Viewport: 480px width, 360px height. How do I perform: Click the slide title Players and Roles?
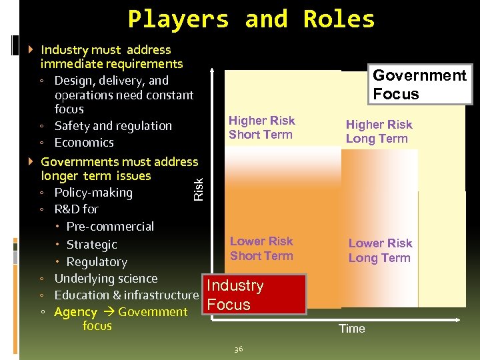click(x=251, y=19)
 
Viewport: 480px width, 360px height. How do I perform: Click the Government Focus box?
click(x=420, y=85)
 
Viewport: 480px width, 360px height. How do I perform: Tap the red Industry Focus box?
click(x=253, y=295)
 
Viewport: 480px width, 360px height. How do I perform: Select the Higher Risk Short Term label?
click(x=261, y=127)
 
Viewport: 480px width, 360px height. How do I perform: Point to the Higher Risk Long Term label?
click(x=379, y=131)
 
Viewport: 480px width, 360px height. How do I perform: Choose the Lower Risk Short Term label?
click(x=261, y=248)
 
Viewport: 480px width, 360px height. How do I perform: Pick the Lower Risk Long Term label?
click(x=380, y=251)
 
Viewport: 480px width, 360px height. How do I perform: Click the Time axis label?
click(x=352, y=328)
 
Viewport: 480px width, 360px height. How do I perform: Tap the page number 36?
click(x=239, y=349)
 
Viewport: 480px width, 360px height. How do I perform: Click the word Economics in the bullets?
click(x=84, y=142)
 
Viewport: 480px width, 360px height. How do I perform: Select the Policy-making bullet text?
click(x=93, y=193)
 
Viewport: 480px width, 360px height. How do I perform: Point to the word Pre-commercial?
click(x=110, y=227)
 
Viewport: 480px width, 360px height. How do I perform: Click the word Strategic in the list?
click(x=92, y=245)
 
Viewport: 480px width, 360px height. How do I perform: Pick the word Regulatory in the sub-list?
click(x=97, y=262)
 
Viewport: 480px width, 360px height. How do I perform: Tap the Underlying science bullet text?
click(x=106, y=279)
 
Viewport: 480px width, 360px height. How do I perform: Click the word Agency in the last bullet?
click(x=75, y=312)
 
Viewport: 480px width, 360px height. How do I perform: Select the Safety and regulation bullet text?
click(x=113, y=125)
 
